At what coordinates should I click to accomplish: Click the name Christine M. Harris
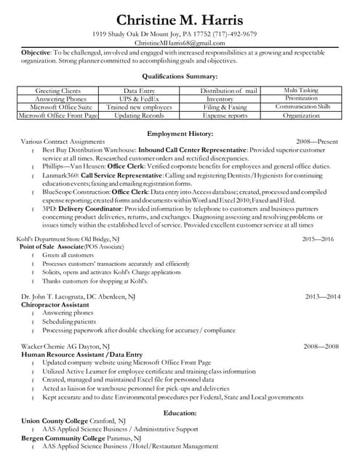180,20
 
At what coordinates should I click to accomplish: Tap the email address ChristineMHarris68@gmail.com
180,44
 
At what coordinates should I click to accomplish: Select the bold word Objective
35,54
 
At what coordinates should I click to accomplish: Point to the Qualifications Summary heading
180,76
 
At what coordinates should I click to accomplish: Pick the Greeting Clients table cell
57,90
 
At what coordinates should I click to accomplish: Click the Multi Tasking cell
301,90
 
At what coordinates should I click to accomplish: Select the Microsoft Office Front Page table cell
57,115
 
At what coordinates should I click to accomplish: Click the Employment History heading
180,134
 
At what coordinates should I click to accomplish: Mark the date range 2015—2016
319,239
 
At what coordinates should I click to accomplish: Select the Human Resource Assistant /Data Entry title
81,354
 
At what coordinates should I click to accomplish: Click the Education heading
180,412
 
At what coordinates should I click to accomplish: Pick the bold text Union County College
55,420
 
